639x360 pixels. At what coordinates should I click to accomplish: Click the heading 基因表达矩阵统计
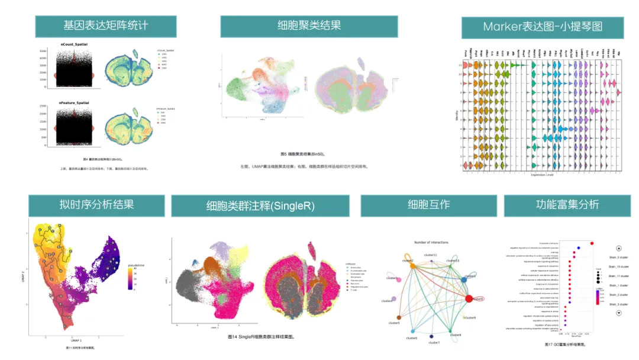[x=106, y=27]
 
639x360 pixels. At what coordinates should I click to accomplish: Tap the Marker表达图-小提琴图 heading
[x=543, y=27]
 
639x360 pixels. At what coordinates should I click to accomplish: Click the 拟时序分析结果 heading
[x=96, y=205]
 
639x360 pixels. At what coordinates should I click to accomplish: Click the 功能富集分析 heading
[x=567, y=205]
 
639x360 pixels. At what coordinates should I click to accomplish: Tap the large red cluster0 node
[x=469, y=298]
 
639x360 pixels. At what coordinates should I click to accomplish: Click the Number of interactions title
[x=431, y=242]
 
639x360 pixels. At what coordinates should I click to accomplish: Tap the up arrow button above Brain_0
[x=619, y=249]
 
